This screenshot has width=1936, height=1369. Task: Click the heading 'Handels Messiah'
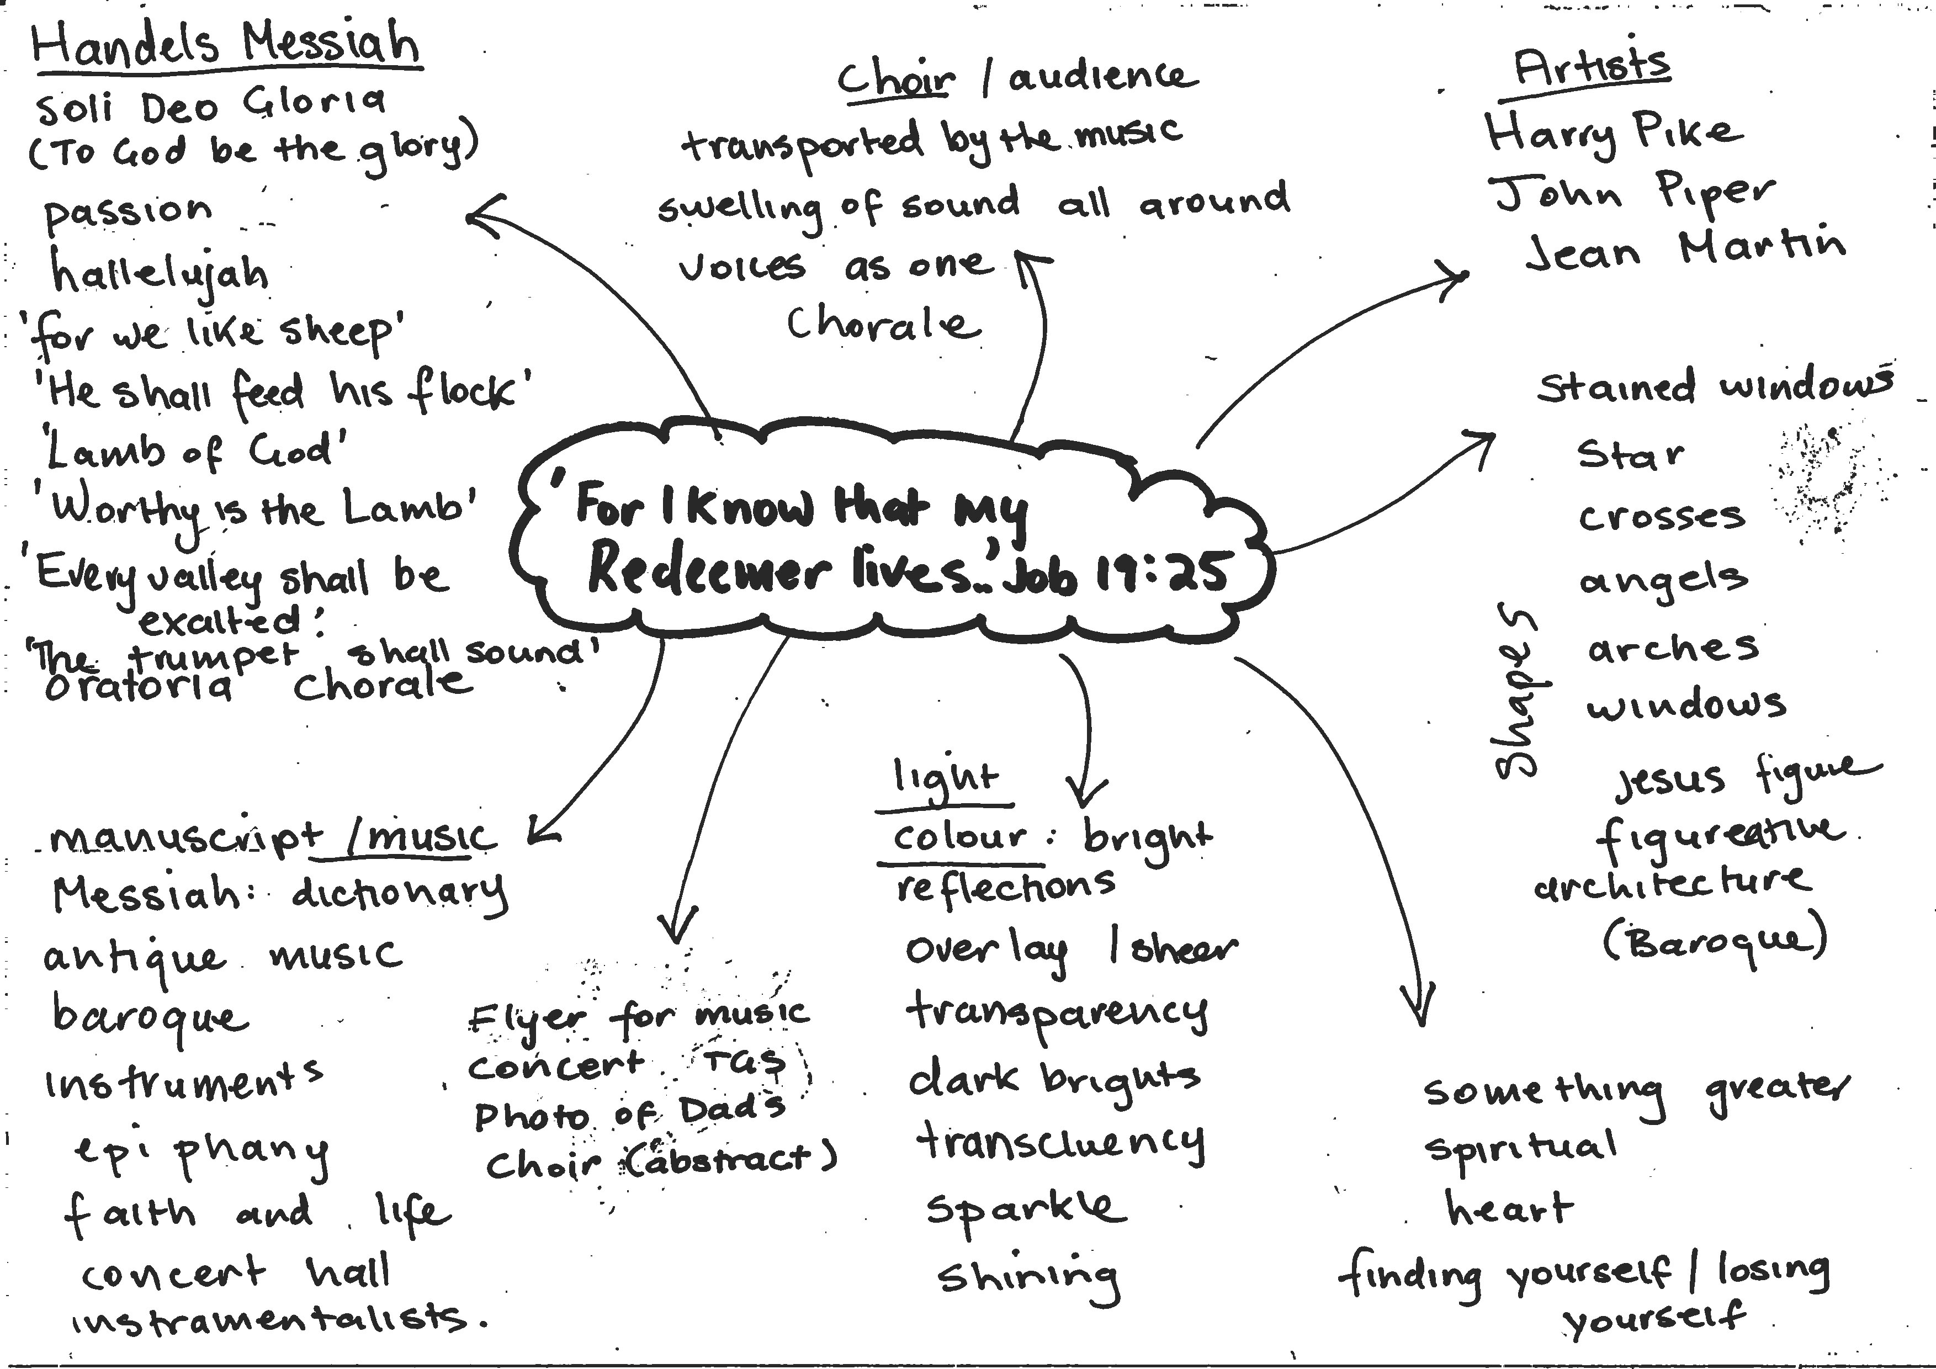pos(226,44)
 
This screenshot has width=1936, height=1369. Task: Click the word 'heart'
pos(1509,1209)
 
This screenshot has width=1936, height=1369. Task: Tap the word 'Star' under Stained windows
pos(1631,455)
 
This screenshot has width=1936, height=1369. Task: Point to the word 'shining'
pos(1028,1278)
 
